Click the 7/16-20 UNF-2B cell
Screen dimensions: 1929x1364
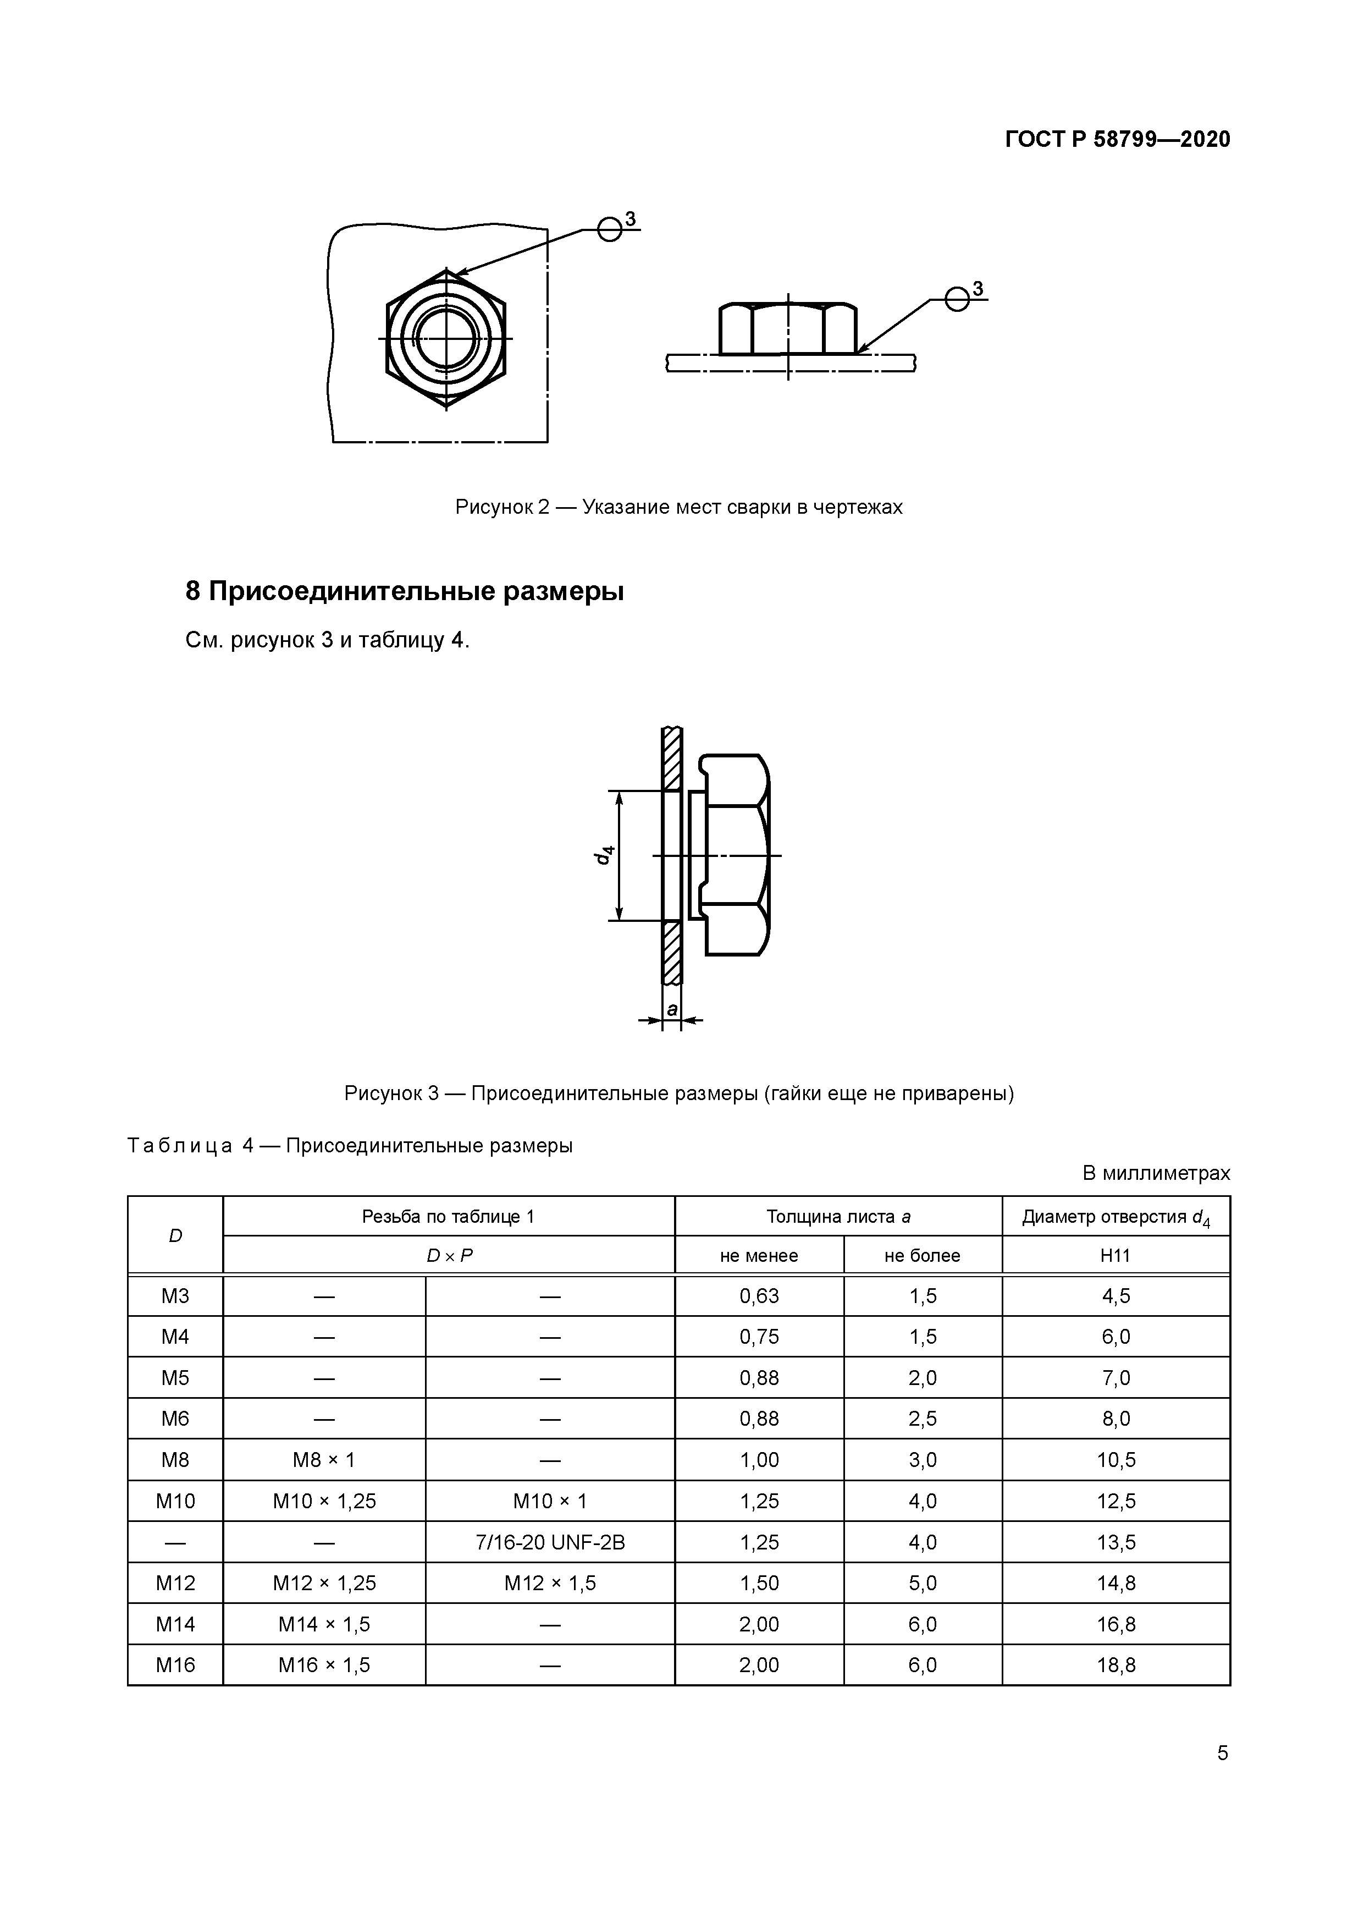tap(550, 1542)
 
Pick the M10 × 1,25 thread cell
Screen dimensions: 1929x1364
tap(324, 1502)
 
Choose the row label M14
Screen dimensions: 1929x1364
tap(175, 1624)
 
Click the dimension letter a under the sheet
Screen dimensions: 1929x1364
tap(672, 1009)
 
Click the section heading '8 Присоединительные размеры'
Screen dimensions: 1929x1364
tap(404, 591)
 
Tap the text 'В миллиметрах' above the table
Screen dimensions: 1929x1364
tap(1156, 1173)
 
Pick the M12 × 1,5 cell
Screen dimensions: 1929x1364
tap(550, 1584)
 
